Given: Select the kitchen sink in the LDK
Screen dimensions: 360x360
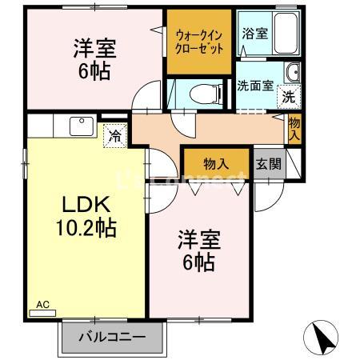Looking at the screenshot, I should pyautogui.click(x=81, y=126).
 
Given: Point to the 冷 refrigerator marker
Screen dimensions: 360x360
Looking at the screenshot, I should pyautogui.click(x=115, y=136).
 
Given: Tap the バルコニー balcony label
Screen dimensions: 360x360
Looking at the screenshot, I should pyautogui.click(x=111, y=337).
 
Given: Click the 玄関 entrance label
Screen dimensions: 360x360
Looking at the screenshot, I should pyautogui.click(x=268, y=164).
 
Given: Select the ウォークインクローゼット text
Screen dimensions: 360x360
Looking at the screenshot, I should pyautogui.click(x=199, y=41).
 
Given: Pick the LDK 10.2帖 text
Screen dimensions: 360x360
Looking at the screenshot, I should pyautogui.click(x=86, y=216).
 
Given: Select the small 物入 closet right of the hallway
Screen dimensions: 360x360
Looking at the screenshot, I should pyautogui.click(x=294, y=128).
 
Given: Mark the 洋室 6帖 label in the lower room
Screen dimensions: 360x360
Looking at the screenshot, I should pyautogui.click(x=197, y=250).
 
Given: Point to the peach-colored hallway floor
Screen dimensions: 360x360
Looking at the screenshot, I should pyautogui.click(x=216, y=128).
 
